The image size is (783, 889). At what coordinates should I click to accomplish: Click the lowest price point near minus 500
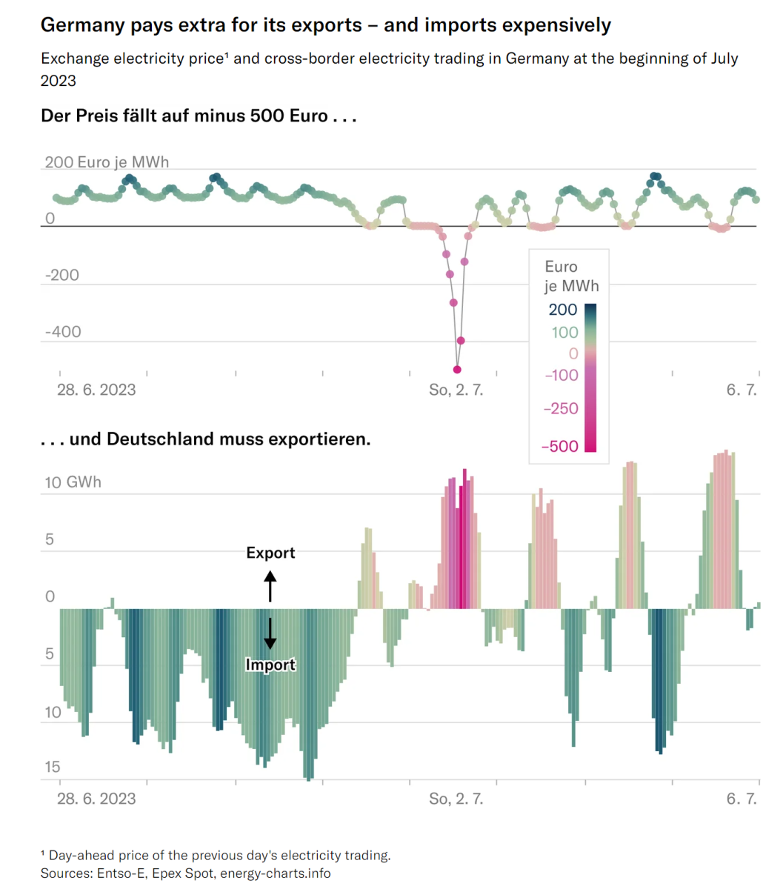coord(457,369)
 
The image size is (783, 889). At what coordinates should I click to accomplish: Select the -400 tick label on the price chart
coord(63,331)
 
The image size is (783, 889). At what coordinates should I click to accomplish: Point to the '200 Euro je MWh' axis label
coord(107,162)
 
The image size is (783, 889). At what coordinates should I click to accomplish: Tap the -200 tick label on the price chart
coord(63,275)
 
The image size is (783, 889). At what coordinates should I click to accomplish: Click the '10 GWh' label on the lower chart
coord(73,482)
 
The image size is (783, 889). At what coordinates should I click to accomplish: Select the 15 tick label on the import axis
coord(52,767)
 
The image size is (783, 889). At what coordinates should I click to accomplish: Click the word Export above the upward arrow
coord(270,553)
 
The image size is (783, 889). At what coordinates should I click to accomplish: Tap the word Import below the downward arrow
coord(270,665)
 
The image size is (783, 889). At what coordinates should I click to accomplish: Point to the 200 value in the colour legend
coord(563,310)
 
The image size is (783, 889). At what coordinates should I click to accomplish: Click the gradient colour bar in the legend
coord(590,377)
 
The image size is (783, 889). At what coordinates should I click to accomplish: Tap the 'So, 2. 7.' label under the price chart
coord(456,390)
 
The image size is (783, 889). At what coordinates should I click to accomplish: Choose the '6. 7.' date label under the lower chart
coord(742,799)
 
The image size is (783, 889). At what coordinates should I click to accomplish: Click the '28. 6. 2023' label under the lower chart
coord(96,799)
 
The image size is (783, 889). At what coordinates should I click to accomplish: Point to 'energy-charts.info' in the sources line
coord(275,873)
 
